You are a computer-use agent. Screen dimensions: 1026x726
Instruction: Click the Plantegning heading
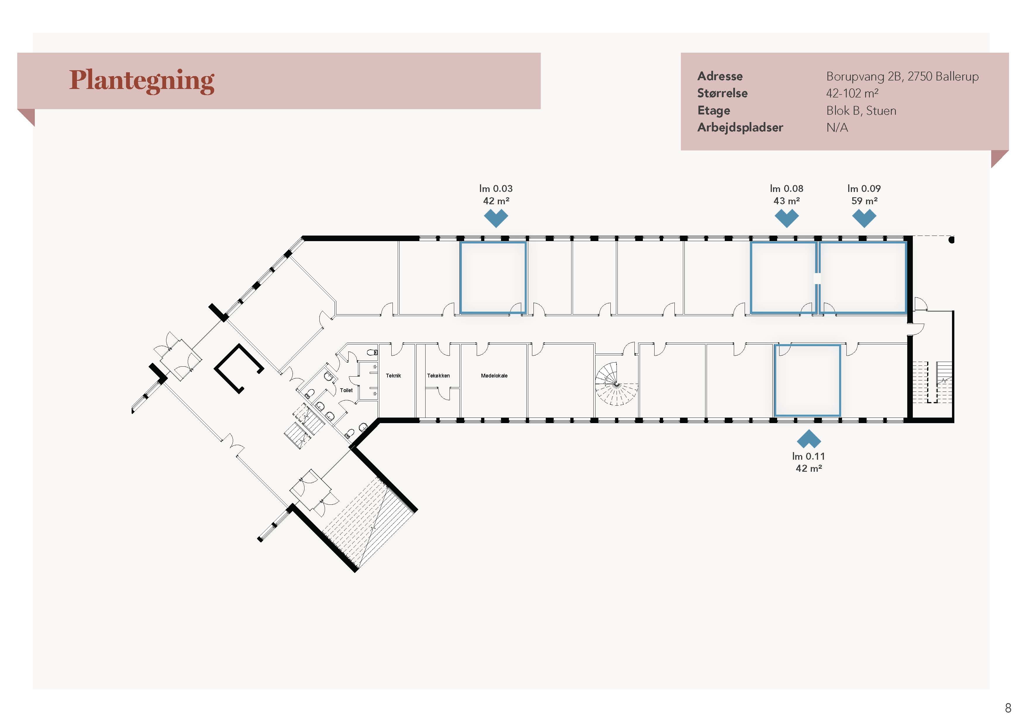142,81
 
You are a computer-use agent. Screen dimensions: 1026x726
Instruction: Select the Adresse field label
720,76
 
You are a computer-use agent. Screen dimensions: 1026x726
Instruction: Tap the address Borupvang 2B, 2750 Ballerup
902,76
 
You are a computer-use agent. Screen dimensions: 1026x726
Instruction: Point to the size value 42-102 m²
852,93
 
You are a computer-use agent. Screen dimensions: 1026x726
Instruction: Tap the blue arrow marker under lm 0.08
786,218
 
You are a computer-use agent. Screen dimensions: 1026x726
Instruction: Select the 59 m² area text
864,201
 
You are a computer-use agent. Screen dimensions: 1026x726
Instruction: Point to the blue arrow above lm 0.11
808,439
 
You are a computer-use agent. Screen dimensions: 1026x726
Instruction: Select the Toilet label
346,390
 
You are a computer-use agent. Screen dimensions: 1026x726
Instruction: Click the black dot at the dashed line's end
951,240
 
